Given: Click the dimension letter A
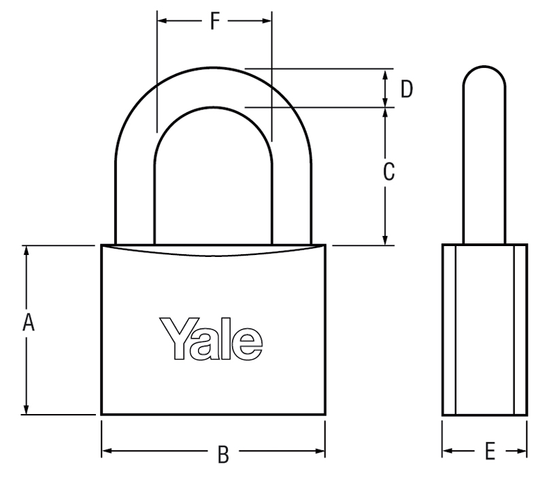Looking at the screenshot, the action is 29,322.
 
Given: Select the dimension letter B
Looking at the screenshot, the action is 223,454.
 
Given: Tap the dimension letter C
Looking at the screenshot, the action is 388,172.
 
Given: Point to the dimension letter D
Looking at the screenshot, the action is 407,89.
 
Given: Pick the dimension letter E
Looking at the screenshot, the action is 490,451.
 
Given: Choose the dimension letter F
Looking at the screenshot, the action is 214,20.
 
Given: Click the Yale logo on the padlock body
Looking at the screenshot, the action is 211,339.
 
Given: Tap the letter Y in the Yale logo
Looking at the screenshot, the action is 180,339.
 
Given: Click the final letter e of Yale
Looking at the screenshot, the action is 247,344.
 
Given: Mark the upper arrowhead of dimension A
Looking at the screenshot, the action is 26,251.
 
